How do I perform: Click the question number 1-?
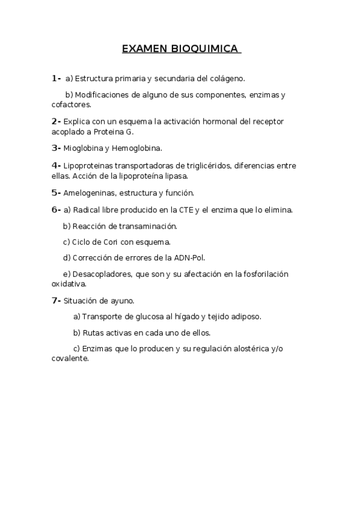tap(56, 78)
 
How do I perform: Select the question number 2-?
tap(56, 121)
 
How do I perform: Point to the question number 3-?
tap(56, 147)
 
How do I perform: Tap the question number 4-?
tap(56, 165)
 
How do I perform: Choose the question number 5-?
tap(56, 192)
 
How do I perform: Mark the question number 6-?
tap(56, 210)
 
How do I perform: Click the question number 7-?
tap(56, 300)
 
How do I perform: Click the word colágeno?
tap(227, 79)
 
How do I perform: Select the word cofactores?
tap(71, 104)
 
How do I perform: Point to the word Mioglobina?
tap(82, 148)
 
